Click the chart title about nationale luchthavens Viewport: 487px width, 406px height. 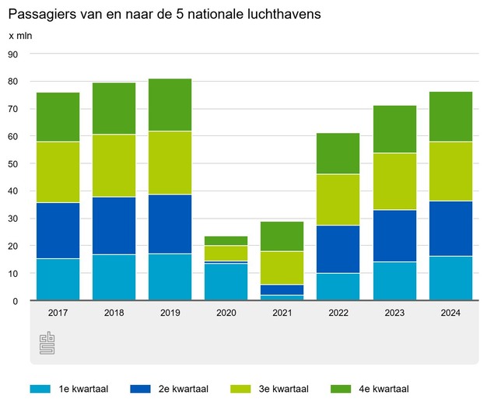click(x=164, y=15)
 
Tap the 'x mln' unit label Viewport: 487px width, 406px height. click(x=22, y=37)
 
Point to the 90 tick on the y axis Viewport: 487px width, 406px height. click(x=13, y=54)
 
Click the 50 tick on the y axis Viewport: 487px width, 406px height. click(x=13, y=164)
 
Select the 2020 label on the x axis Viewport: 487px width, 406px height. click(x=226, y=313)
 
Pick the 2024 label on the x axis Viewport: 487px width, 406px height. click(x=450, y=313)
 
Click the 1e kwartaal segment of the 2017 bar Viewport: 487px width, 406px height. click(x=58, y=279)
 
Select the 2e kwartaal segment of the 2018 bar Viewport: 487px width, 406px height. click(x=114, y=226)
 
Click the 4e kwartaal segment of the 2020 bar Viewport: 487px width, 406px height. click(x=226, y=241)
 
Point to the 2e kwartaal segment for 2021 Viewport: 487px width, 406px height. click(x=282, y=289)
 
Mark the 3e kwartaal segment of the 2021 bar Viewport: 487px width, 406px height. click(x=282, y=268)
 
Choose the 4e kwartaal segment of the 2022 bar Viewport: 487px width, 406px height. click(x=338, y=153)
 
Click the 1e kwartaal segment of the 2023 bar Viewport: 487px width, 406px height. click(x=394, y=281)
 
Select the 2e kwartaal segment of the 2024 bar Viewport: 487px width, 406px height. click(x=450, y=229)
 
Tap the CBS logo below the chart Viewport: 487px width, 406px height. click(x=47, y=342)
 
